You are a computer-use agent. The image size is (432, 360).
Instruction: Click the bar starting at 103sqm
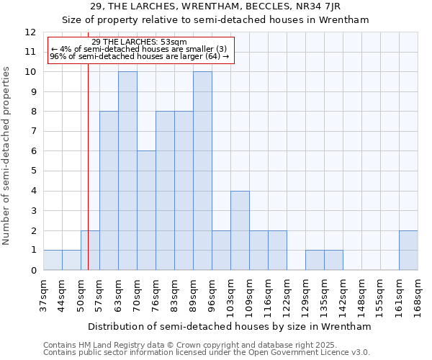tap(240, 230)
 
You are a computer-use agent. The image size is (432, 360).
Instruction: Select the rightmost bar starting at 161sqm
tap(408, 250)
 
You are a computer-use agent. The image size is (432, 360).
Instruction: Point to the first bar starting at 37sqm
tap(53, 260)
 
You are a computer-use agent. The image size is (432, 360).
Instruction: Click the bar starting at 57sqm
tap(109, 191)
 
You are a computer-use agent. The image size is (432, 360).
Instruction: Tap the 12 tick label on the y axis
tap(30, 32)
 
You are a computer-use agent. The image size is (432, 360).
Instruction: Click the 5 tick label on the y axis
tap(33, 171)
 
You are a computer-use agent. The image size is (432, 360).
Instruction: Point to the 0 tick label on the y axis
tap(33, 270)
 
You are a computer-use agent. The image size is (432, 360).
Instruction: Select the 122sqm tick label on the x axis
tap(287, 295)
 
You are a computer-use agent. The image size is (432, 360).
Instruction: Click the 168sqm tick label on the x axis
tap(418, 295)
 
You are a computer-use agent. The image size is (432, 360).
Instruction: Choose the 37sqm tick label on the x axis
tap(43, 295)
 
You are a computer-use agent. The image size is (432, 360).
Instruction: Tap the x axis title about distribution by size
tap(230, 326)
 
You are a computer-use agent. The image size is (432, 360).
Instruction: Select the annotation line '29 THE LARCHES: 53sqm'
tap(140, 42)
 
